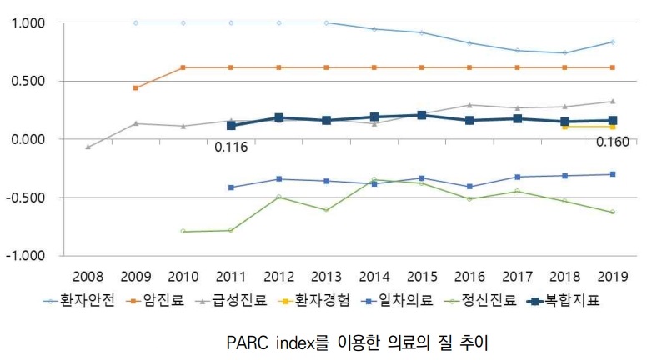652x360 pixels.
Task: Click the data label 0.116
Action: coord(231,147)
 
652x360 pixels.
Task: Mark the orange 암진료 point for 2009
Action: coord(136,87)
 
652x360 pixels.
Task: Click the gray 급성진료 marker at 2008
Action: coord(88,147)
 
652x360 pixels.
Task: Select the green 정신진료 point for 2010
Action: coord(183,231)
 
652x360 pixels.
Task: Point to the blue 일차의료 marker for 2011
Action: coord(231,187)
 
